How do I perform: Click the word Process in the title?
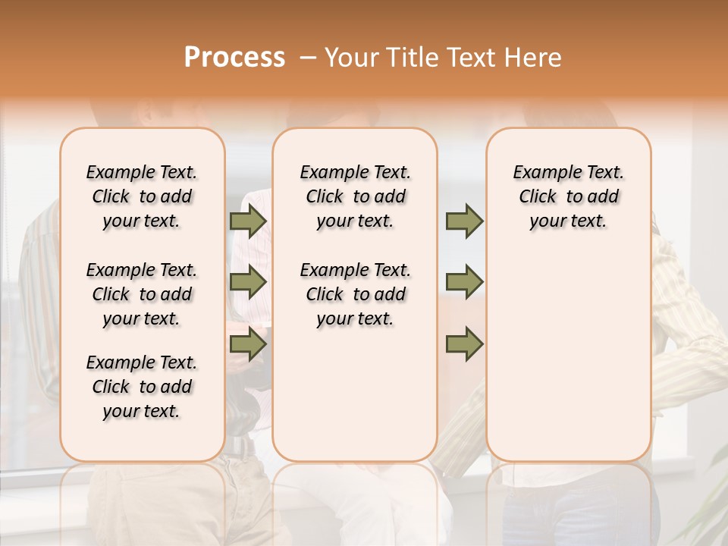(x=234, y=58)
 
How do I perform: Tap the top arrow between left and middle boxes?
(x=247, y=221)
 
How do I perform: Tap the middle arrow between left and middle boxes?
(x=247, y=282)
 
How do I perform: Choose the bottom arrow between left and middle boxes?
(x=247, y=345)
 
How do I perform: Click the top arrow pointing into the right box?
(x=464, y=221)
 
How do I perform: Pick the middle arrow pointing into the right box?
(x=464, y=282)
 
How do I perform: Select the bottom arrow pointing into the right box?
(x=464, y=345)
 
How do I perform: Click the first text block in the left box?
(x=142, y=196)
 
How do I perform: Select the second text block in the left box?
(x=142, y=294)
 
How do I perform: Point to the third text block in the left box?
(x=142, y=387)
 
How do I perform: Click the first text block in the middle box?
(x=355, y=196)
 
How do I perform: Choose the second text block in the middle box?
(x=355, y=294)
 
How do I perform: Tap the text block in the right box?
(x=568, y=196)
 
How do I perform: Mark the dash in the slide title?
(x=308, y=58)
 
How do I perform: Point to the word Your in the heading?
(x=352, y=58)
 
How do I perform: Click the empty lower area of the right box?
(x=568, y=356)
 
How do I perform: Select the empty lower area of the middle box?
(x=355, y=394)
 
